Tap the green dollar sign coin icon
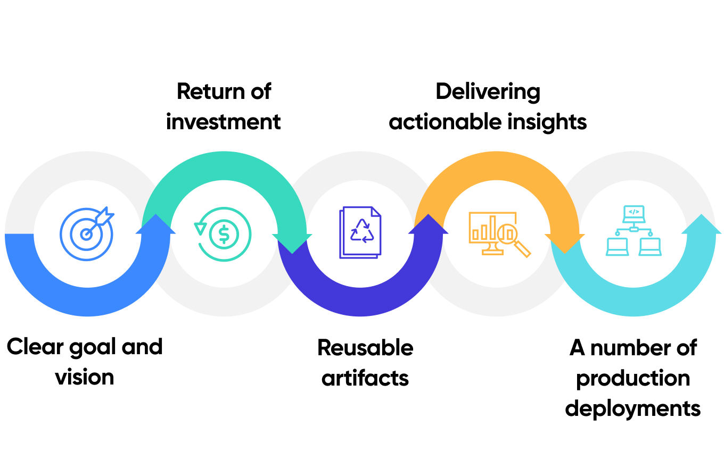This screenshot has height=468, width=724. [223, 233]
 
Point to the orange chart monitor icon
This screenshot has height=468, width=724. [498, 234]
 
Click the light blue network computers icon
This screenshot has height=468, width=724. [633, 231]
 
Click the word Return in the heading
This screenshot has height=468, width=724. [205, 91]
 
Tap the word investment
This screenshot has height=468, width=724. [223, 122]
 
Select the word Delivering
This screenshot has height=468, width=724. [488, 91]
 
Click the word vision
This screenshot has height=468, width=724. [85, 378]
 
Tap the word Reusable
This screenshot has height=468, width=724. [365, 348]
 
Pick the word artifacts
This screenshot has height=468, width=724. [365, 378]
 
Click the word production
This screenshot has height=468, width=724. [633, 379]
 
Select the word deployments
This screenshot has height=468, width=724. [633, 409]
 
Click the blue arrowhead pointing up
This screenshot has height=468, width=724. [155, 224]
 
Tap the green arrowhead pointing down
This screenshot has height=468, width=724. [292, 243]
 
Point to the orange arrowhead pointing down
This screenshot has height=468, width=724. [565, 243]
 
